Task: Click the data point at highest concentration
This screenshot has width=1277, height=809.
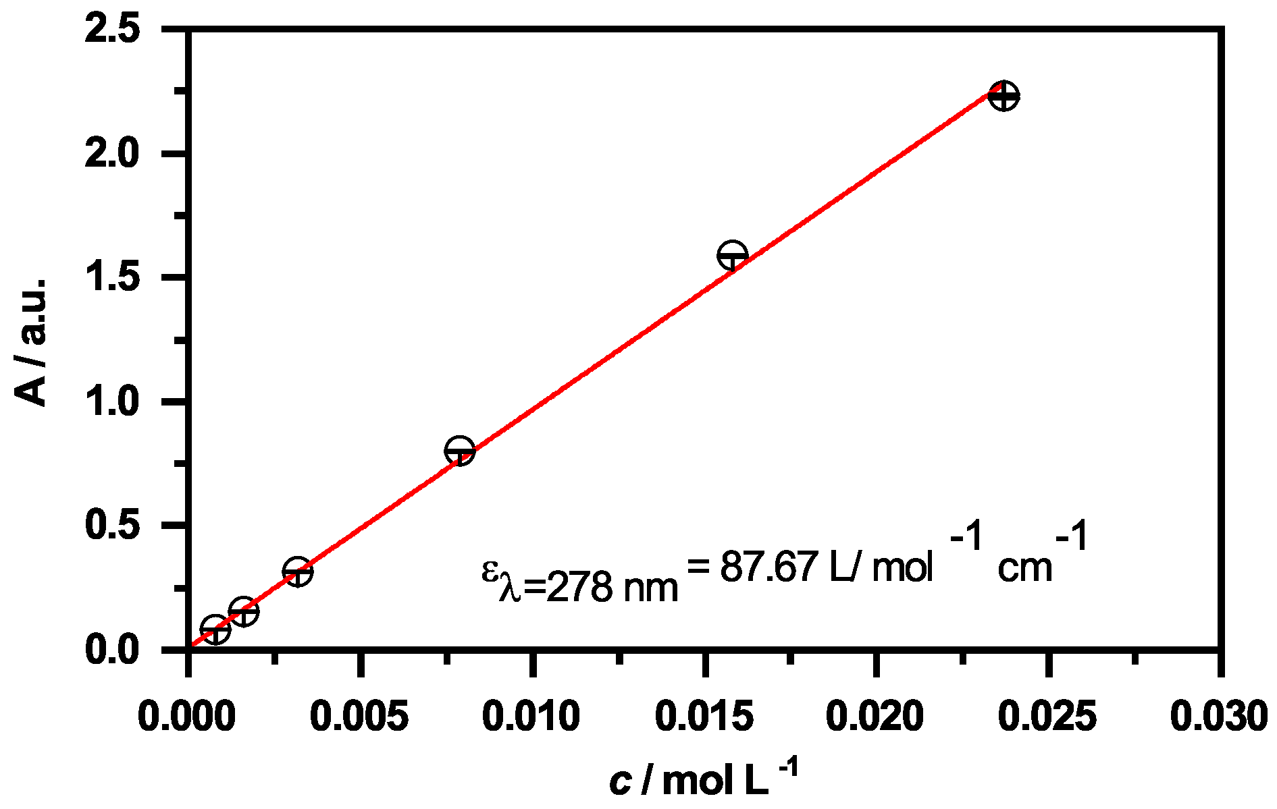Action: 1004,96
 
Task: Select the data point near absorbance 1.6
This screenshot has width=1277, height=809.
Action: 732,256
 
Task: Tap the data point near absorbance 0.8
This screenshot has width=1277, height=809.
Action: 459,450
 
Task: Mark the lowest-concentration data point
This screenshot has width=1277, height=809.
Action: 215,630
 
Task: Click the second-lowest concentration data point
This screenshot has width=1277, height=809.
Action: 243,611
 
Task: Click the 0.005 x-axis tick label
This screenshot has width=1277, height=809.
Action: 359,717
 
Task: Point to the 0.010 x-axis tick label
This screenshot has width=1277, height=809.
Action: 531,717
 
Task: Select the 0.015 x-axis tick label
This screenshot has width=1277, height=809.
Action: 704,717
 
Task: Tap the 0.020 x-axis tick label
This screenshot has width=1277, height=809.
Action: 875,717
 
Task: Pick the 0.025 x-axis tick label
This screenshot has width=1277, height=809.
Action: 1047,717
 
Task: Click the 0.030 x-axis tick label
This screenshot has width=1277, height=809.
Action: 1218,717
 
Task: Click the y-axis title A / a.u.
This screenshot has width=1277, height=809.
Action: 32,341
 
